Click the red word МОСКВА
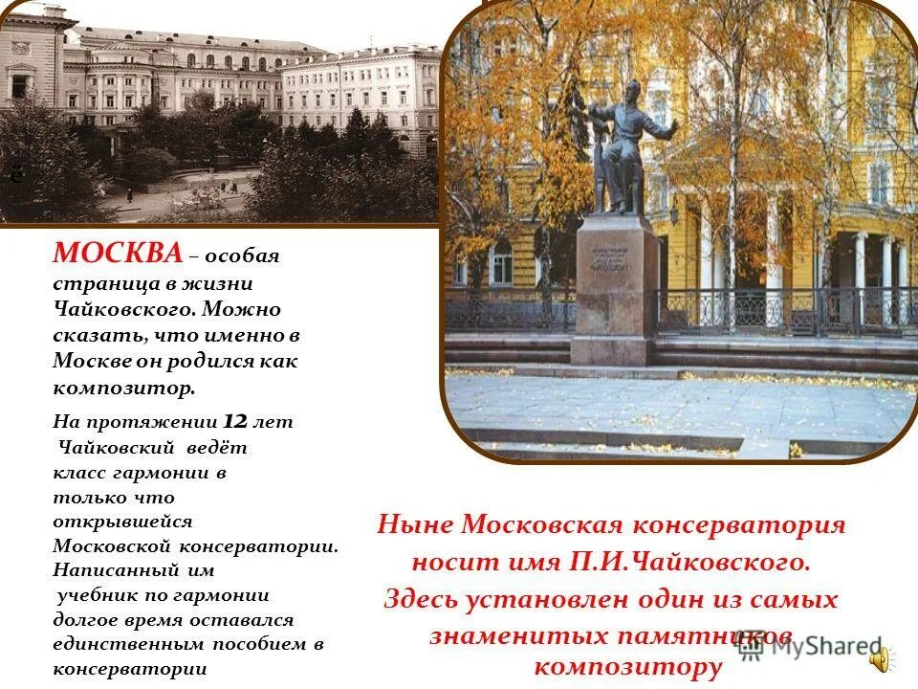click(117, 254)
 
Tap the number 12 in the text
click(237, 421)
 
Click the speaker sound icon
click(880, 658)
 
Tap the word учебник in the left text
click(95, 595)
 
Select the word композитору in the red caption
click(626, 667)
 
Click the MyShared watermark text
click(812, 648)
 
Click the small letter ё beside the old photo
click(15, 174)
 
